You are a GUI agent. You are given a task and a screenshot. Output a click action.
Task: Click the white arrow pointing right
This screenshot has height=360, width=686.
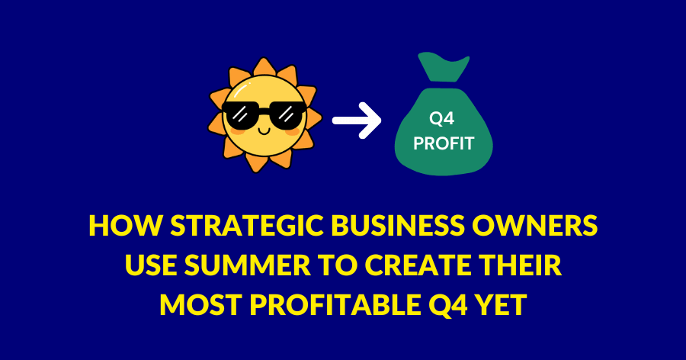[357, 121]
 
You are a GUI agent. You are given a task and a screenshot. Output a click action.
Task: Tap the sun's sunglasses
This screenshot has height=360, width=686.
[264, 115]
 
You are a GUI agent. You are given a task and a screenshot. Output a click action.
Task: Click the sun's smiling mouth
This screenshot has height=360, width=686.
[264, 130]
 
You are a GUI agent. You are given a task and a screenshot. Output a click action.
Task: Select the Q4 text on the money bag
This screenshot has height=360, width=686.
[441, 119]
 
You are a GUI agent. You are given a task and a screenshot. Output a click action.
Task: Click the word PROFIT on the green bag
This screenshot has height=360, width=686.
[444, 143]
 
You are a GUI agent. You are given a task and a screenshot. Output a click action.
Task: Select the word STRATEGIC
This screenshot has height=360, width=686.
[247, 225]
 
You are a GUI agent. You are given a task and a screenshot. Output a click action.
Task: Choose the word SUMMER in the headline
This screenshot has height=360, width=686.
[248, 265]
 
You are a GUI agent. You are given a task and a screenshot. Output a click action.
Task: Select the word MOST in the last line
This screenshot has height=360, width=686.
[200, 305]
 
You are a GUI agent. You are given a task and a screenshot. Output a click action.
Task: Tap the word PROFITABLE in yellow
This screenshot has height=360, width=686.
[335, 305]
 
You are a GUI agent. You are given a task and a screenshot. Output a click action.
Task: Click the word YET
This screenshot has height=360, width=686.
[501, 305]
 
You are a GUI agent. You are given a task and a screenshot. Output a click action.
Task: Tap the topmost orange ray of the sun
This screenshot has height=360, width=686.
[264, 67]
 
